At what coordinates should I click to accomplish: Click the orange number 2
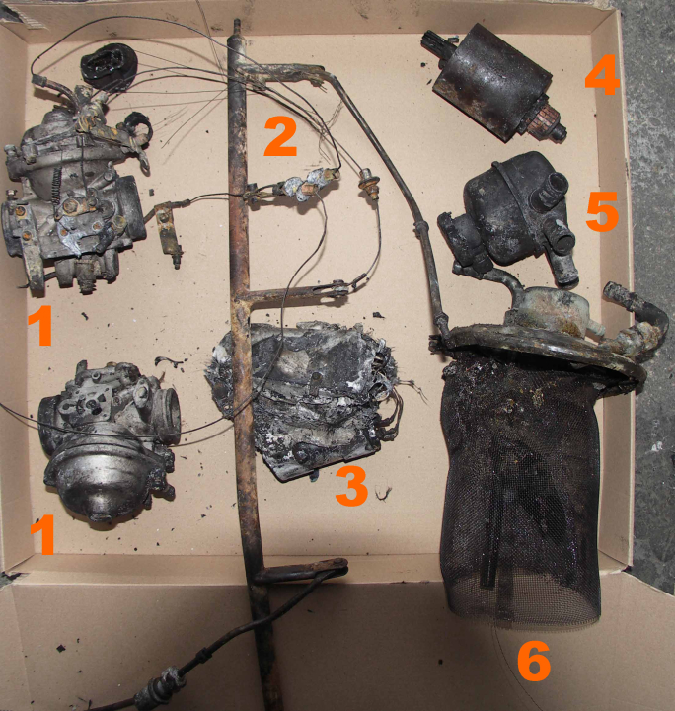pyautogui.click(x=281, y=136)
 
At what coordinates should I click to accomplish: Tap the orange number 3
pyautogui.click(x=351, y=486)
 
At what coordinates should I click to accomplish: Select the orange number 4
pyautogui.click(x=602, y=75)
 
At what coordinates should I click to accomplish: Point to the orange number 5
pyautogui.click(x=602, y=211)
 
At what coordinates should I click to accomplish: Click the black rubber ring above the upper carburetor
pyautogui.click(x=106, y=67)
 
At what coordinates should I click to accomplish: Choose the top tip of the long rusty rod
pyautogui.click(x=236, y=21)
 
